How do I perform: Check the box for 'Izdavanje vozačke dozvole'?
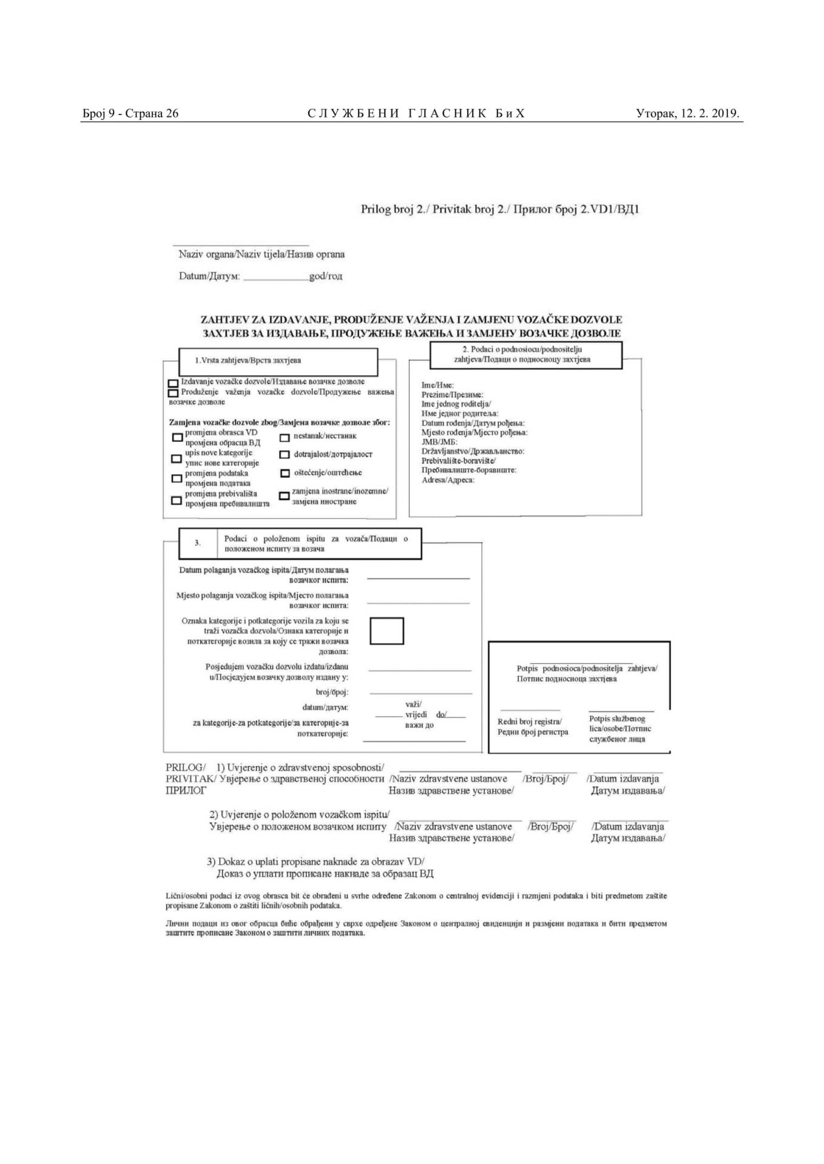point(173,383)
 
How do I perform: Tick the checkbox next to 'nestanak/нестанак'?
point(284,437)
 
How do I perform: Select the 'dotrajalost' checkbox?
point(284,455)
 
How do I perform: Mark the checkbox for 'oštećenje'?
point(284,473)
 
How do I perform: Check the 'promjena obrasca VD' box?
point(177,437)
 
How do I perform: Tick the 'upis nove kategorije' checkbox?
point(177,458)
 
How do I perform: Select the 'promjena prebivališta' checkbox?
point(177,500)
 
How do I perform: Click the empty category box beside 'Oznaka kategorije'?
point(387,630)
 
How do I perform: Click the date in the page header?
point(687,113)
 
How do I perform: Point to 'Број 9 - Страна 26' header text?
point(130,113)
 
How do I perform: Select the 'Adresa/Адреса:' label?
point(448,480)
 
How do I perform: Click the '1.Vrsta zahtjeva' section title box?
point(278,361)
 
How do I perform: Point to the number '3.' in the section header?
point(198,543)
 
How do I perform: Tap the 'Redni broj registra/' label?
point(529,721)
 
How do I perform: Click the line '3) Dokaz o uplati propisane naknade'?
point(316,861)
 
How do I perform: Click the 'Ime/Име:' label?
point(437,385)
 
